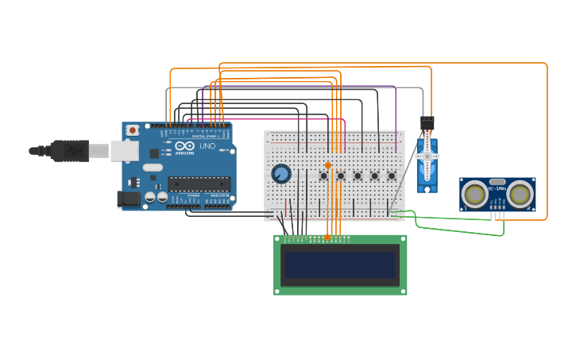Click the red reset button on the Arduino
(133, 130)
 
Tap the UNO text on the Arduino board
(207, 147)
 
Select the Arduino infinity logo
(184, 147)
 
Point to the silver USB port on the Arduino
(124, 150)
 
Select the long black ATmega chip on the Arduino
(199, 184)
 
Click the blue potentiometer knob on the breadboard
(280, 173)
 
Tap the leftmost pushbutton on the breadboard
(324, 176)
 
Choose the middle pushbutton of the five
(358, 176)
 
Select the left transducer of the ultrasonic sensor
(475, 193)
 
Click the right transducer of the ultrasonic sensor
(520, 193)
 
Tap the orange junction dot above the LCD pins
(327, 237)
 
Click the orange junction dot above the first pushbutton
(328, 165)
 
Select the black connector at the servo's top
(427, 123)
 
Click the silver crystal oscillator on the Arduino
(152, 168)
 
